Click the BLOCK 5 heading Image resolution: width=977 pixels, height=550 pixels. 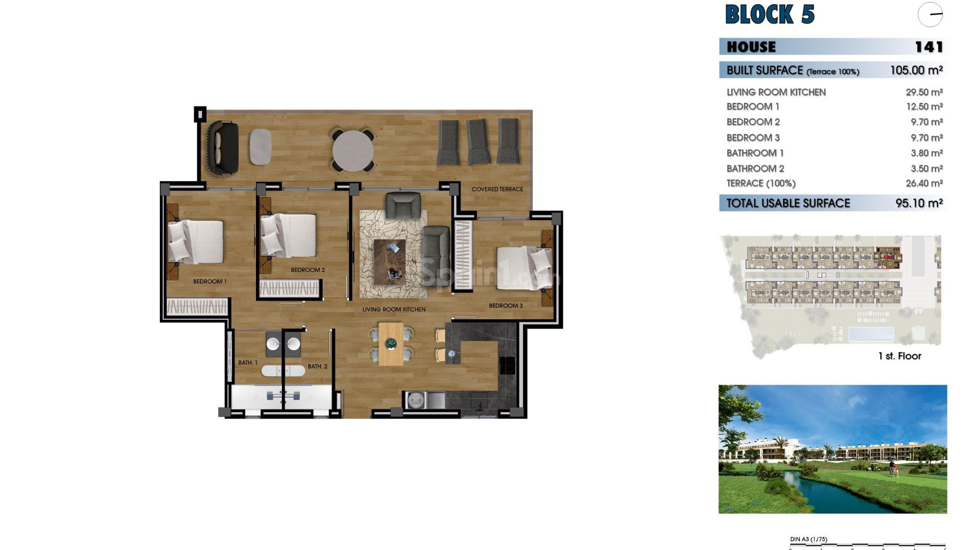tap(769, 14)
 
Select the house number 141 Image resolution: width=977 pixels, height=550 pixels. tap(929, 47)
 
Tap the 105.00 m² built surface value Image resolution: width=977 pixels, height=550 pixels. tap(916, 70)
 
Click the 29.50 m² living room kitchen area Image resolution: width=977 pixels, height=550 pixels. tap(924, 92)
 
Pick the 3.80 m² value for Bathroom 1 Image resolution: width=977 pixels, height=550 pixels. tap(924, 153)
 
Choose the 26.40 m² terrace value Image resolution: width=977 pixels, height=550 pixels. tap(924, 183)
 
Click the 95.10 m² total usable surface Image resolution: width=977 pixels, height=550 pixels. tap(918, 203)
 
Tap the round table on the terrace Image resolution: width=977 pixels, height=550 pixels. tap(353, 151)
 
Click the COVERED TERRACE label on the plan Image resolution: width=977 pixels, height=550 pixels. tap(497, 189)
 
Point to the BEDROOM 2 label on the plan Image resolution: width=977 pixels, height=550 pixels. tap(307, 270)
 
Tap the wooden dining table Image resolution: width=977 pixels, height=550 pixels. tap(391, 344)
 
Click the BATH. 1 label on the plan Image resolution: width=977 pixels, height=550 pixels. tap(248, 363)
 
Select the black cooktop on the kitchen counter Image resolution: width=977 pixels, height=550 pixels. tap(507, 366)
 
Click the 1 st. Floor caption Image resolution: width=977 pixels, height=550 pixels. tap(899, 356)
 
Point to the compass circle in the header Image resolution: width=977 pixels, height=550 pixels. tap(930, 15)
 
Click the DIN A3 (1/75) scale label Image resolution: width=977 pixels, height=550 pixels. tap(809, 539)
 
